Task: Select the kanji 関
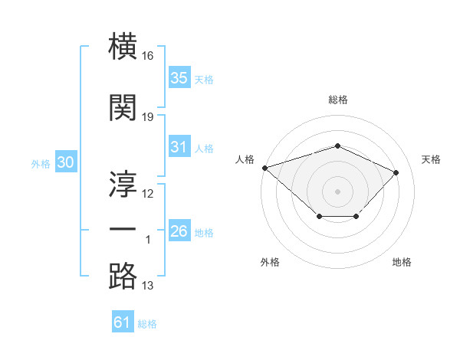(x=123, y=109)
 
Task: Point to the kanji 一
(x=123, y=231)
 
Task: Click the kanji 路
(x=123, y=276)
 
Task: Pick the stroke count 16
(x=148, y=56)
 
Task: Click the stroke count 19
(x=148, y=117)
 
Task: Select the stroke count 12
(x=148, y=194)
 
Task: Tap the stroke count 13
(x=148, y=286)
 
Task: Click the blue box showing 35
(x=179, y=78)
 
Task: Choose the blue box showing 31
(x=179, y=147)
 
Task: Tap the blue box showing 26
(x=179, y=231)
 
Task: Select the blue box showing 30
(x=65, y=162)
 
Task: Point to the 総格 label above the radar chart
(x=337, y=100)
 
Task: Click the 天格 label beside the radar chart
(x=432, y=159)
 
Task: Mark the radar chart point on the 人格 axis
(x=264, y=168)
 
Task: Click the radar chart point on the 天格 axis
(x=396, y=172)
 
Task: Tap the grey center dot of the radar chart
(x=337, y=191)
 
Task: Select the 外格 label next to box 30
(x=41, y=163)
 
